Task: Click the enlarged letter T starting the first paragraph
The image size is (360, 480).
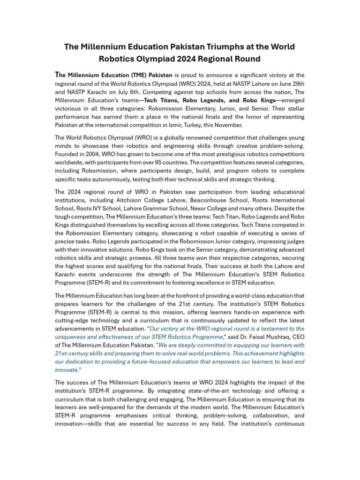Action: pyautogui.click(x=57, y=75)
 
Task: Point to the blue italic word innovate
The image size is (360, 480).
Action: pyautogui.click(x=66, y=370)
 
